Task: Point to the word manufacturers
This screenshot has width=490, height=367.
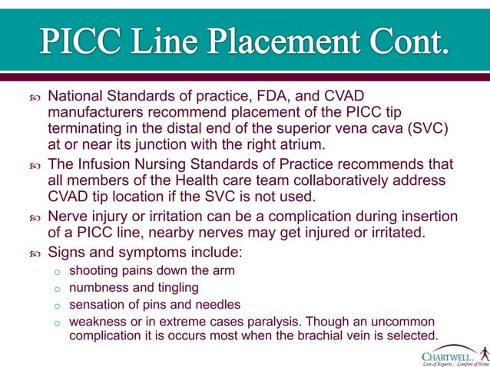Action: point(94,113)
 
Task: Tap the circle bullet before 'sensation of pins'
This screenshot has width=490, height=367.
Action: point(57,306)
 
